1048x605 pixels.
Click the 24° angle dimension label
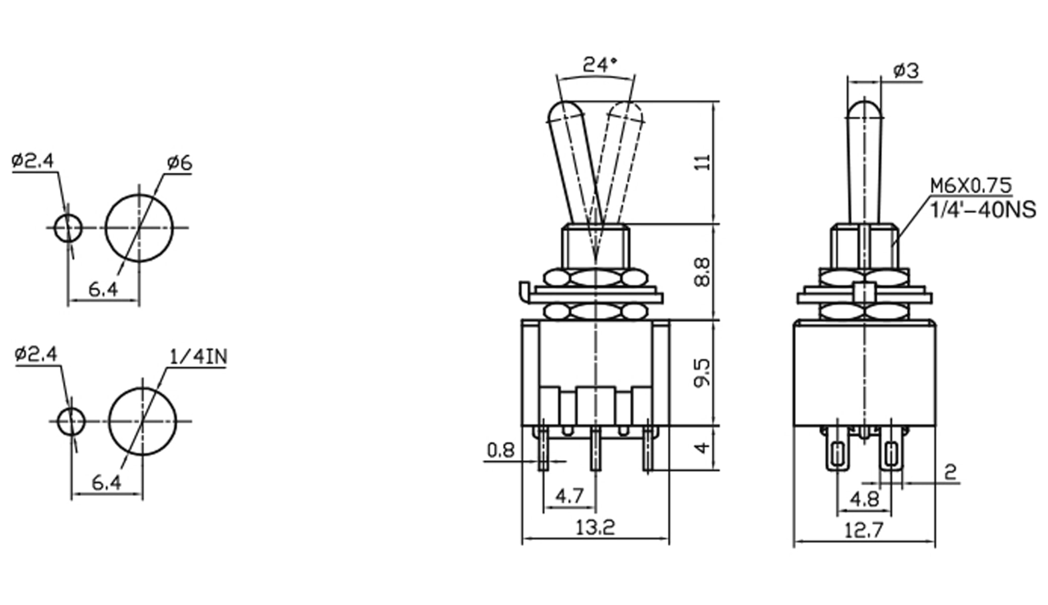click(x=600, y=65)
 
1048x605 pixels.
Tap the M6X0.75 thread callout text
click(x=970, y=186)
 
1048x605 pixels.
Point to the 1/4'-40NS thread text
click(x=982, y=210)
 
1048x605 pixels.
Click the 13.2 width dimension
click(x=595, y=528)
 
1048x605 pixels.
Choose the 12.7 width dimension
click(x=864, y=530)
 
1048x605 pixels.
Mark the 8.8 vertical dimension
click(x=702, y=272)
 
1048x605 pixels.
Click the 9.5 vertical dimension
click(x=702, y=373)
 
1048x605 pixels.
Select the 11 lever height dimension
click(x=703, y=162)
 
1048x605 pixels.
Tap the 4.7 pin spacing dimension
click(x=569, y=496)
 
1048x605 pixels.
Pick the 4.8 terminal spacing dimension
click(x=864, y=500)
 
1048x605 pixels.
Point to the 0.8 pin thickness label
click(x=501, y=450)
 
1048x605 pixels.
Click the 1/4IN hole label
click(x=199, y=357)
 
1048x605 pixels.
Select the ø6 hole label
click(x=180, y=163)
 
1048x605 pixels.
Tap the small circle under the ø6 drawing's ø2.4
click(x=68, y=228)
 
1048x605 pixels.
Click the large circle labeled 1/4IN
click(x=143, y=421)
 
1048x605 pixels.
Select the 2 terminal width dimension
click(x=950, y=472)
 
